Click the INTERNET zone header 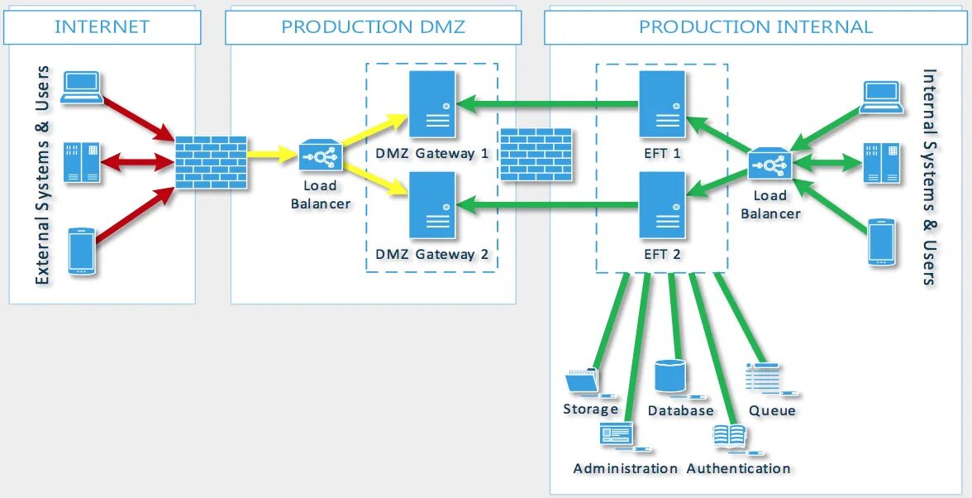102,26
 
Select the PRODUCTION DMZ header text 373,26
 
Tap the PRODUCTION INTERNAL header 755,26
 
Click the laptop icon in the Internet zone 83,87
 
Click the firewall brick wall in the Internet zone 211,162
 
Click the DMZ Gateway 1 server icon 432,103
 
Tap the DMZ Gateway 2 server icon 432,205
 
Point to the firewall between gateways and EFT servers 536,155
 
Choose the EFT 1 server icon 663,103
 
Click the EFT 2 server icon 663,205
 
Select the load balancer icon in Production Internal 770,165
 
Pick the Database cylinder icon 670,376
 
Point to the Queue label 772,410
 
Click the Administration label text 626,468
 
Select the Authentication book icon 731,436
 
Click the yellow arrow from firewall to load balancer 272,155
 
